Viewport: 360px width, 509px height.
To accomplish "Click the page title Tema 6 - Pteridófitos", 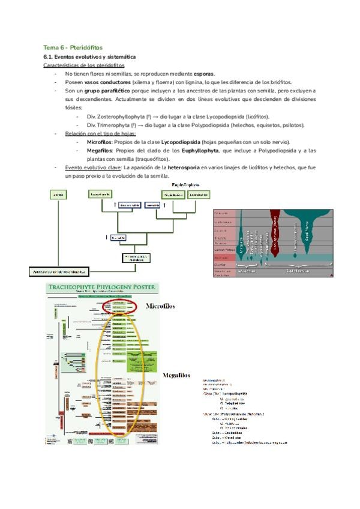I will point(73,47).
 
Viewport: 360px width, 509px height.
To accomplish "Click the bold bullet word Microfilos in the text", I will point(99,142).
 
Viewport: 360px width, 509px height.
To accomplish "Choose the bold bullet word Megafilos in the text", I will point(99,151).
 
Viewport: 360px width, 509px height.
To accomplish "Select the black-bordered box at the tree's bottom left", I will point(59,271).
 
